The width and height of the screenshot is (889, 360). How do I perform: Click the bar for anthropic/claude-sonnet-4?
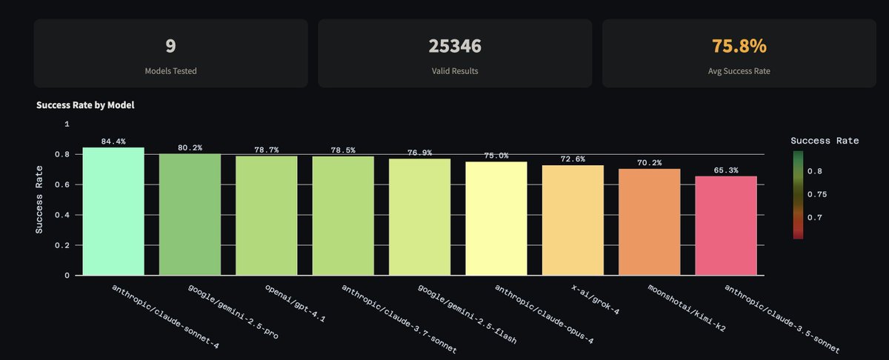113,211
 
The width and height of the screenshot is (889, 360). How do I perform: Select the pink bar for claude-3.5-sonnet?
726,225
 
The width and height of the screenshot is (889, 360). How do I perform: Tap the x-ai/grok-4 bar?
573,220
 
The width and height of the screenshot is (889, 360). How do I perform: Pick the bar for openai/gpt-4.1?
267,215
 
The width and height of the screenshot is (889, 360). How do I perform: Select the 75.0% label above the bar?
496,156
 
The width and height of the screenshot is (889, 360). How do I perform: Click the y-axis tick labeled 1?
67,124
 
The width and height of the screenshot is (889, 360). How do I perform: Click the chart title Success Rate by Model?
85,105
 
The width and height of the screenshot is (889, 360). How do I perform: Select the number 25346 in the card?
455,46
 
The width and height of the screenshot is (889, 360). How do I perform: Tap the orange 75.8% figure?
739,46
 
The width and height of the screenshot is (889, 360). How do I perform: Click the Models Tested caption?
170,71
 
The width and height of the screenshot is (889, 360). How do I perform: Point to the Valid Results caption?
455,71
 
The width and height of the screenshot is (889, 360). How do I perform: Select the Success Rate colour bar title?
825,140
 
